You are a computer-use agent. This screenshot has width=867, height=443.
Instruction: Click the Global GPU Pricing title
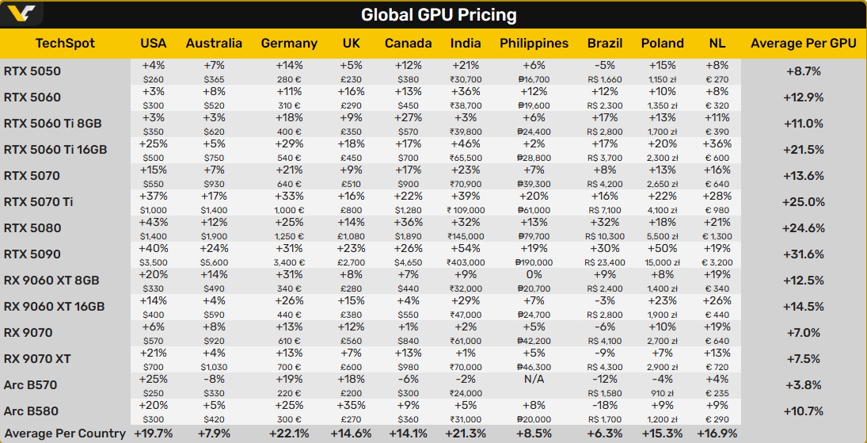coord(439,15)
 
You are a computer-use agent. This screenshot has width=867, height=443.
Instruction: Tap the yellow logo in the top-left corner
coord(22,14)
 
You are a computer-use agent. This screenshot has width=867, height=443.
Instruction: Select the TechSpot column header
coord(65,44)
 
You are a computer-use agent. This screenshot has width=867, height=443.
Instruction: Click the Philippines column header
coord(534,44)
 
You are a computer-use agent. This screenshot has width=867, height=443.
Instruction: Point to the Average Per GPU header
coord(803,44)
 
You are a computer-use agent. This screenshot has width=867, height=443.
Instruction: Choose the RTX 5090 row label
coord(32,254)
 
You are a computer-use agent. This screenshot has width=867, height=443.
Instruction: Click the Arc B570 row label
coord(30,385)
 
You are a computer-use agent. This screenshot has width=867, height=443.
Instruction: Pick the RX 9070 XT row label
coord(37,359)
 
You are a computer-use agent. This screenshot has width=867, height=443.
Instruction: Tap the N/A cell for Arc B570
coord(534,380)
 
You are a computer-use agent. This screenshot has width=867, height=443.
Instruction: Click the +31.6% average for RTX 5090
coord(803,254)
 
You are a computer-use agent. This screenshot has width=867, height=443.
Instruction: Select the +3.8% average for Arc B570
coord(803,385)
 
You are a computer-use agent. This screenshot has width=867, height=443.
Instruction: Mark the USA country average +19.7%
coord(154,433)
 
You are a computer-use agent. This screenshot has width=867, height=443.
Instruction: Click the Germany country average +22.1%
coord(289,433)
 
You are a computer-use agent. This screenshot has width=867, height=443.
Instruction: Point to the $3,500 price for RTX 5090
coord(154,262)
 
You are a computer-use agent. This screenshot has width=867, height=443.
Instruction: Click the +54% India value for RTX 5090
coord(465,249)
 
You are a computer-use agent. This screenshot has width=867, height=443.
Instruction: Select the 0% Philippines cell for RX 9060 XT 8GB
coord(534,275)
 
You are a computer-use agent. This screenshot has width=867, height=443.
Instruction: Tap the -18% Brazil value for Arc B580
coord(604,406)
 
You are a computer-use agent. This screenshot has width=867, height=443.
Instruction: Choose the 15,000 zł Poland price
coord(662,262)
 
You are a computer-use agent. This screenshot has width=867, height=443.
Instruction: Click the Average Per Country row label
coord(63,433)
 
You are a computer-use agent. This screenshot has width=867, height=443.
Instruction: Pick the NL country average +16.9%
coord(717,433)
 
